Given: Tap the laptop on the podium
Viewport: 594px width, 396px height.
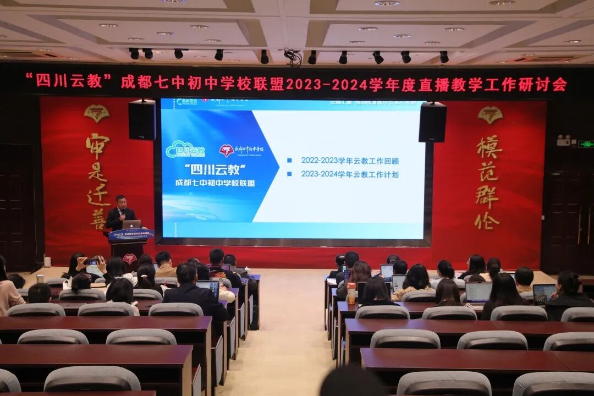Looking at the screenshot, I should [131, 224].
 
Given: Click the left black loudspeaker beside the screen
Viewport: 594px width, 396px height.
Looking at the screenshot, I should [142, 119].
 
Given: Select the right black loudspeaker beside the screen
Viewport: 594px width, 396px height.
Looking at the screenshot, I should [432, 122].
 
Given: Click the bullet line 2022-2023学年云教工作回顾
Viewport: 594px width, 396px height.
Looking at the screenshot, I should [349, 161].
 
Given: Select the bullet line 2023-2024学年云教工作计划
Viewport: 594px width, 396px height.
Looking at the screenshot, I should [349, 174].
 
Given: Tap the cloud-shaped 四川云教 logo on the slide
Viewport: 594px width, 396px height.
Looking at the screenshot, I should [185, 149].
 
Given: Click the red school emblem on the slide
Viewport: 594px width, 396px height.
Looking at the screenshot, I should [226, 150].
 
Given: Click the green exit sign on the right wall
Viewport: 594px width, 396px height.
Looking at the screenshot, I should [585, 144].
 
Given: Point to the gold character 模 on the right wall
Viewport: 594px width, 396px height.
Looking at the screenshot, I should [488, 146].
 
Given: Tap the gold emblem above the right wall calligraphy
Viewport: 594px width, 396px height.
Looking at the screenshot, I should [490, 114].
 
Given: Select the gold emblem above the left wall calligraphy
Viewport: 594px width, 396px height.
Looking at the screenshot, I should [97, 113].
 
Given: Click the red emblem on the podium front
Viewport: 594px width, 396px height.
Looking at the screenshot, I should [129, 257].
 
